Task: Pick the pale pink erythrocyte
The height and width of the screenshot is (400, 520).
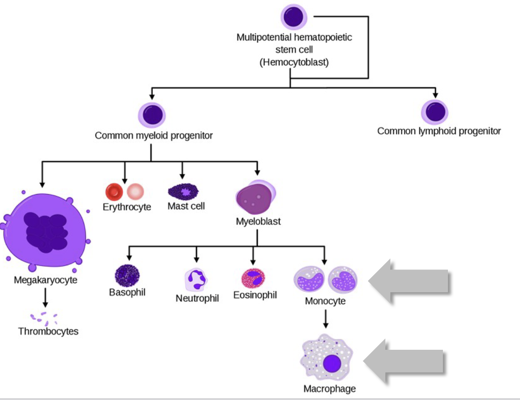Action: pyautogui.click(x=135, y=192)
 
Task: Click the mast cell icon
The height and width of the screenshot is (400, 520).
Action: pyautogui.click(x=183, y=191)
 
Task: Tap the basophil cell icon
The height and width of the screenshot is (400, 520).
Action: pyautogui.click(x=127, y=275)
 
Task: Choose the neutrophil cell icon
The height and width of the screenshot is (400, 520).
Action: pyautogui.click(x=196, y=279)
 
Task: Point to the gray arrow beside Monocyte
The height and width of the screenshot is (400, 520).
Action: pyautogui.click(x=409, y=281)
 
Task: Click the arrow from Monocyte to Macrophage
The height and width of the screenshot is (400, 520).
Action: pyautogui.click(x=325, y=319)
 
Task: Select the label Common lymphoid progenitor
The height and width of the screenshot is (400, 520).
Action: pyautogui.click(x=439, y=132)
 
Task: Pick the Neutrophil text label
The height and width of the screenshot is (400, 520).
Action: pyautogui.click(x=197, y=299)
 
